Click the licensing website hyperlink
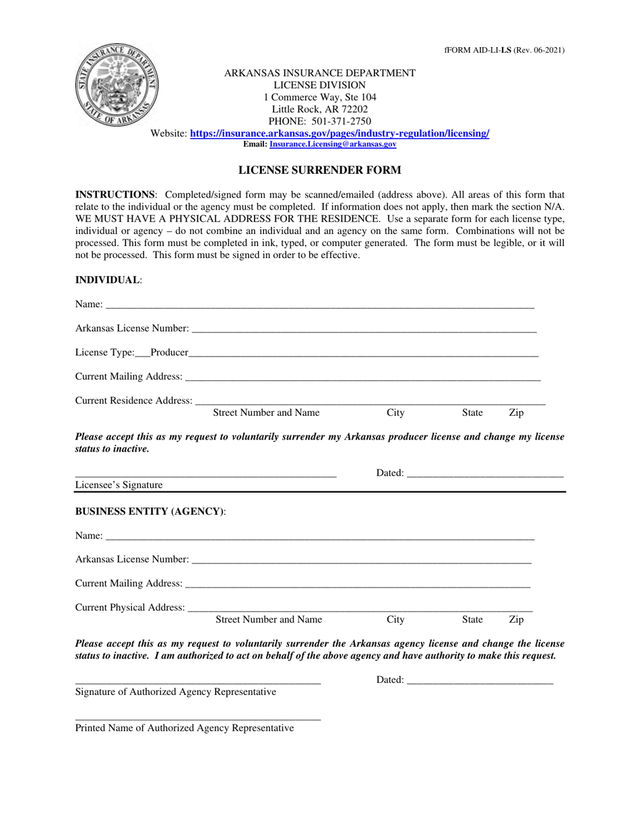click(340, 134)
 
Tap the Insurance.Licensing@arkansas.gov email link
click(333, 144)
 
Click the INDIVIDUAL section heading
click(108, 280)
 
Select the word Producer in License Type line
click(168, 352)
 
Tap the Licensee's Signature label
click(119, 485)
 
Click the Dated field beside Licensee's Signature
click(484, 473)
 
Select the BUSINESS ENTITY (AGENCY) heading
click(150, 512)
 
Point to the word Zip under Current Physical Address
click(516, 619)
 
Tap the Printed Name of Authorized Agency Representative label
click(184, 728)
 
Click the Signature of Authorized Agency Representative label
click(175, 692)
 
